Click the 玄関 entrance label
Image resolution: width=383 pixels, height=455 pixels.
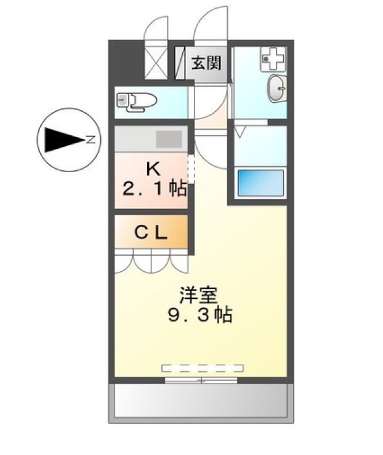pos(206,62)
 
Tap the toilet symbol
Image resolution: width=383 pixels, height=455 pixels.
pos(135,101)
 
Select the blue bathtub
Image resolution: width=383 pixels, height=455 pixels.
pos(260,182)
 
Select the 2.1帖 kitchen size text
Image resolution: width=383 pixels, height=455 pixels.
pos(154,189)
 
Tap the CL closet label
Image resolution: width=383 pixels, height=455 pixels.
pos(151,233)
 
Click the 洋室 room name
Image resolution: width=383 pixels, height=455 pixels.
pos(199,295)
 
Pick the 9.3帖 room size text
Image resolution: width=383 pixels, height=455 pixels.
pos(199,317)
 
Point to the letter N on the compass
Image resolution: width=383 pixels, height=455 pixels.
pos(90,139)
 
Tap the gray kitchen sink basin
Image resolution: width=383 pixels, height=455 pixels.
pos(168,138)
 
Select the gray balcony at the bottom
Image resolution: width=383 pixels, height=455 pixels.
pos(201,403)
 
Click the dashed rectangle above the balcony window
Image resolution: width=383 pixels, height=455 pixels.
pos(203,368)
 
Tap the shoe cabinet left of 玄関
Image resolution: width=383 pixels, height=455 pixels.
pos(180,63)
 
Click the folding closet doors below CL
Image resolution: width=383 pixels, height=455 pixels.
pos(151,261)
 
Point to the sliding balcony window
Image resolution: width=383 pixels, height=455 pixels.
pos(201,381)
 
